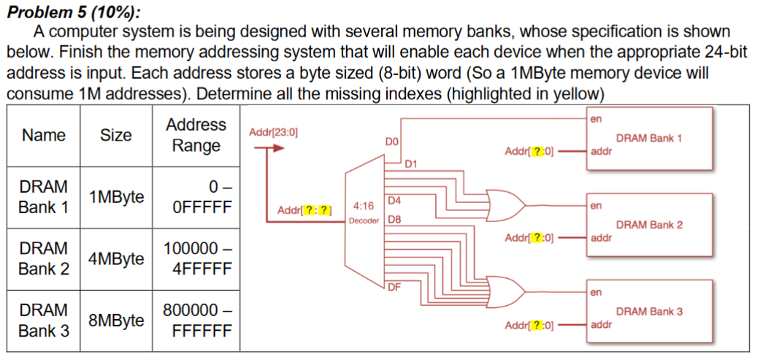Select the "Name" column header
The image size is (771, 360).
coord(43,135)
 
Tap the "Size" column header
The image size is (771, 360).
coord(115,135)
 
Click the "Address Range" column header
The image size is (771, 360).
coord(196,135)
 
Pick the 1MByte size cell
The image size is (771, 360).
coord(115,196)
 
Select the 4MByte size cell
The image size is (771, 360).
coord(115,258)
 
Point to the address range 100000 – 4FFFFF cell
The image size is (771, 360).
coord(196,258)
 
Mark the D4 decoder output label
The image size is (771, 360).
coord(393,200)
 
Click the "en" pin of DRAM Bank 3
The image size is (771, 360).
coord(595,293)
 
